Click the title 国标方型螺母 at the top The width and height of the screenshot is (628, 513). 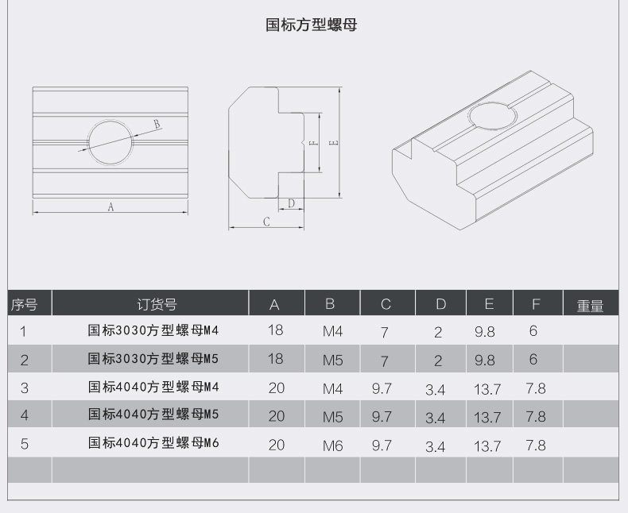point(311,25)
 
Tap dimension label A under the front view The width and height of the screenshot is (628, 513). point(111,206)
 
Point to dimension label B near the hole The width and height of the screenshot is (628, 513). point(157,124)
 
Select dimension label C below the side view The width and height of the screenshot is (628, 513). point(267,222)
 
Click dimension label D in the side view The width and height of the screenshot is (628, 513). point(291,203)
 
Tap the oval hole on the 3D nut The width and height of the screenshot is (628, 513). point(493,117)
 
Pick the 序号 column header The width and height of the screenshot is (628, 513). point(24,305)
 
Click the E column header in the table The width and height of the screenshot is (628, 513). point(489,304)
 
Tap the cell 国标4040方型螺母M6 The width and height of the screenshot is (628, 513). point(153,443)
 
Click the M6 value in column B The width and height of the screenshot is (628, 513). point(333,445)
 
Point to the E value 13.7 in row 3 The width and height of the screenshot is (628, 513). point(487,389)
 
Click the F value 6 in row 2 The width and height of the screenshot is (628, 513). point(533,359)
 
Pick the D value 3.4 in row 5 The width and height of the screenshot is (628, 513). point(436,446)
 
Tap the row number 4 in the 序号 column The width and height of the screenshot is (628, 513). point(24,415)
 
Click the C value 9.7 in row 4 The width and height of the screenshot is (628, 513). point(382,416)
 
